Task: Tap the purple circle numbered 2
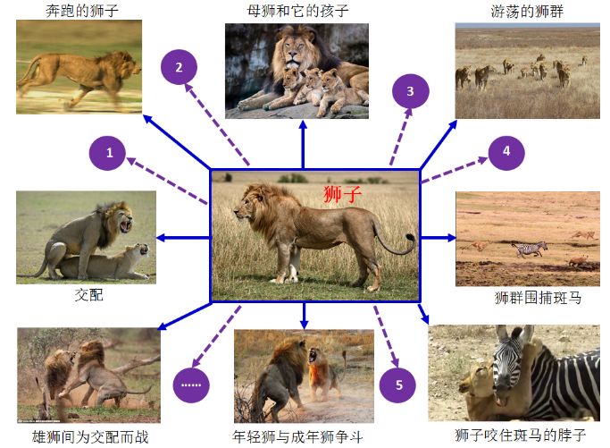(179, 67)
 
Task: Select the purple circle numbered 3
(410, 91)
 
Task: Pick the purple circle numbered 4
(506, 151)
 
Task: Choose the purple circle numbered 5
(398, 385)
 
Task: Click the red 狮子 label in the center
(342, 194)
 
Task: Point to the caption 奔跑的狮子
(81, 11)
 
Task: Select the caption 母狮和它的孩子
(297, 11)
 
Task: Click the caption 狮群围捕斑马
(538, 298)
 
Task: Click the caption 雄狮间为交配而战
(90, 435)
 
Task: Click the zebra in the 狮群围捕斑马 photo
(531, 248)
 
